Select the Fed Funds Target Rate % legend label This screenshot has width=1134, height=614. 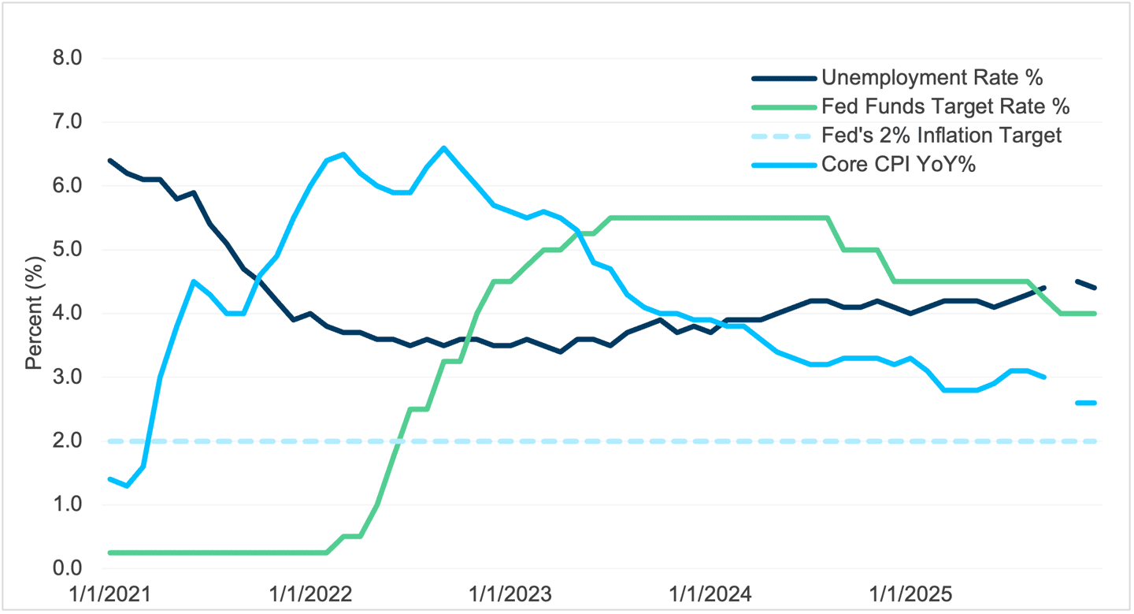point(945,106)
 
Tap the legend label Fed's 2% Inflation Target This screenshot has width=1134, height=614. point(941,135)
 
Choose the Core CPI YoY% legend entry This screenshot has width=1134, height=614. point(899,164)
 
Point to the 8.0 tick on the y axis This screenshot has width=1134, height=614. point(68,58)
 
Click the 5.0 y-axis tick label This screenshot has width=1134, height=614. point(68,250)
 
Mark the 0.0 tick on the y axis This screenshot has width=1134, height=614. point(68,568)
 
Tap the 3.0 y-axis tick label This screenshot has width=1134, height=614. point(68,378)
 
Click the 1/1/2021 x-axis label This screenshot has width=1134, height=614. point(110,593)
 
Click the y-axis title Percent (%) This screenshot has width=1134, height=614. point(33,314)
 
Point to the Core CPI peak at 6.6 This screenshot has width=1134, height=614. point(444,147)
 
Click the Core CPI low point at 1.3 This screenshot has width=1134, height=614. point(127,486)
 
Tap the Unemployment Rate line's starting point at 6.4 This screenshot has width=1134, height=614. point(110,160)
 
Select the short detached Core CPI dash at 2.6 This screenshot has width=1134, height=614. point(1087,403)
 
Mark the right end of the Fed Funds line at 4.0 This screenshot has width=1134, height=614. point(1095,314)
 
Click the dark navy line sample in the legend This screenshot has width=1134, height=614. point(783,77)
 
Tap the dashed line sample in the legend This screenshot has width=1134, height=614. point(783,135)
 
